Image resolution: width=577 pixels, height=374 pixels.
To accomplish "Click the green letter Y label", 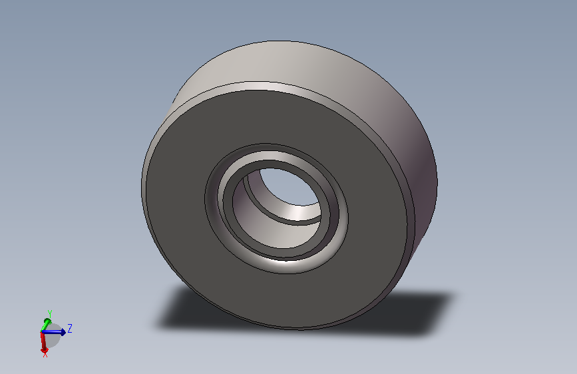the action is point(50,313).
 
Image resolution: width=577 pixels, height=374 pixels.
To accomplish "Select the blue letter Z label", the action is point(70,328).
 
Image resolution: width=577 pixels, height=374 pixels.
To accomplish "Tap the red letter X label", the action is point(45,355).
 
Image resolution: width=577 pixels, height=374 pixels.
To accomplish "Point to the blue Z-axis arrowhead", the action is point(63,332).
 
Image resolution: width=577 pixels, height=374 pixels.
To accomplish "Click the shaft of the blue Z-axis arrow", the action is point(51,332).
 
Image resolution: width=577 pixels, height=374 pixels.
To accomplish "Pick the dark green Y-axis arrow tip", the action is point(47,321).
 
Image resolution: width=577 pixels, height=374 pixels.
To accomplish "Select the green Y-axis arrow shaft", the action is point(44,327).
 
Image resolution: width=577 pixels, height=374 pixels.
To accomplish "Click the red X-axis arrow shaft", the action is point(43,340).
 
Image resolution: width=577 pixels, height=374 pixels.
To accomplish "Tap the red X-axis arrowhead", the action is point(44,349).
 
